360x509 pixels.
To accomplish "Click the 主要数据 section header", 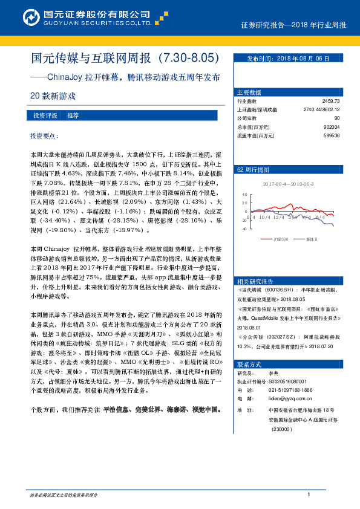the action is (x=249, y=92).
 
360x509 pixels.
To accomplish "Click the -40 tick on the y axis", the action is (x=243, y=229).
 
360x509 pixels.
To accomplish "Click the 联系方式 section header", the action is (x=249, y=365).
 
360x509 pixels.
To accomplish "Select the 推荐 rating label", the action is (x=73, y=115).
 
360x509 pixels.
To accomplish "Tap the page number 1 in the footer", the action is (x=309, y=495).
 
